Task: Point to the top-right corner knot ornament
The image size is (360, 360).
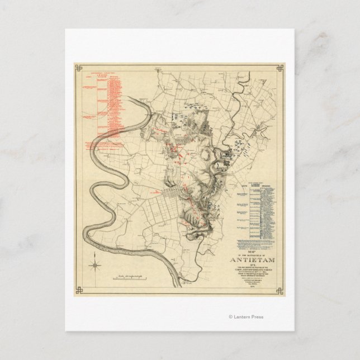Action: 280,68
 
